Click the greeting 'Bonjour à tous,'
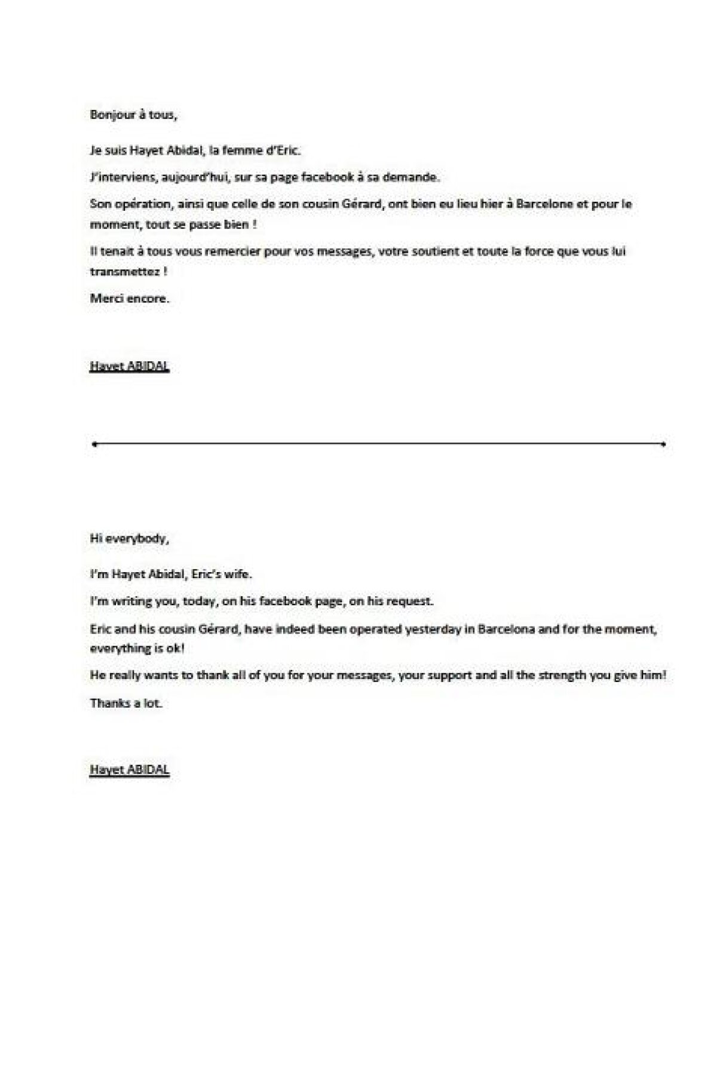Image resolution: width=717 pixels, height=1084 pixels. [x=133, y=115]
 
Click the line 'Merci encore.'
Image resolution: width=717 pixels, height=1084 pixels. [x=130, y=299]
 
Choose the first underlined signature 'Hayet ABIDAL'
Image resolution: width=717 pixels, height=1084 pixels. [x=130, y=366]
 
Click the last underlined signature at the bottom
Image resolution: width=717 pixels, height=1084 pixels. [x=130, y=770]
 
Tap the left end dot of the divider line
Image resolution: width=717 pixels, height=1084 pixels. [x=94, y=444]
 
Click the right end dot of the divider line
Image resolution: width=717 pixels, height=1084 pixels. [x=664, y=444]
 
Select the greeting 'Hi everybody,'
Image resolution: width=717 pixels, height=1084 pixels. [x=130, y=539]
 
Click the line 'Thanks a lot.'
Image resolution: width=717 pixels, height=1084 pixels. [x=126, y=703]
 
